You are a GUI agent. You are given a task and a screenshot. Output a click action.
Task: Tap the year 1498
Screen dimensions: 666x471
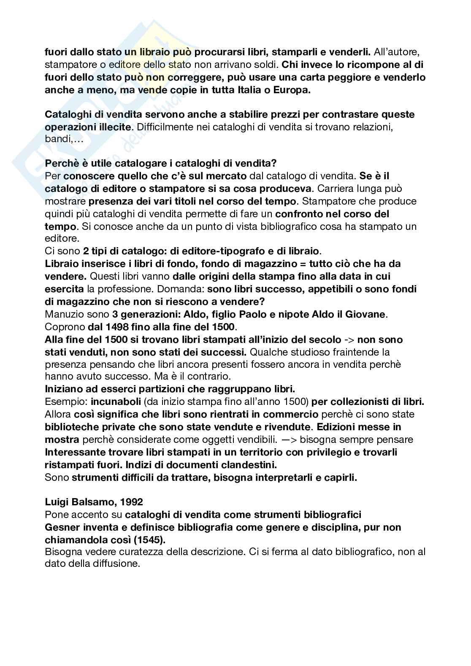click(x=113, y=327)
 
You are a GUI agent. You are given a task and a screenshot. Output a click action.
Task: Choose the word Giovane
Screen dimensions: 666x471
click(x=367, y=314)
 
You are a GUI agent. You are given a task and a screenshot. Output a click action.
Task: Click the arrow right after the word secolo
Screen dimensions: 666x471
click(x=349, y=340)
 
